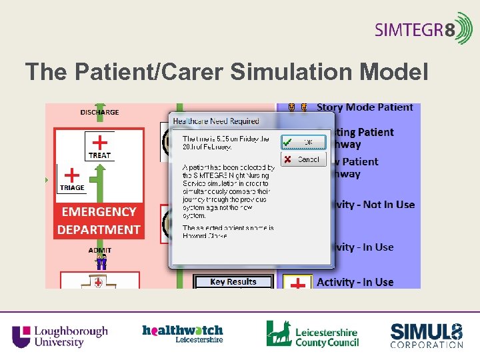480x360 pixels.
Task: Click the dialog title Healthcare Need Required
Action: click(216, 121)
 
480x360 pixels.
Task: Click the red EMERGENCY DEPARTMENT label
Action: click(99, 221)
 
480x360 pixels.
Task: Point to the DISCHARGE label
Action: click(99, 112)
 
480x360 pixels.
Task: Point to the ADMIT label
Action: click(99, 250)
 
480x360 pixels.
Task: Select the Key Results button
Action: click(233, 282)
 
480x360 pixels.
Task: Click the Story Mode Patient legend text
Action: click(364, 107)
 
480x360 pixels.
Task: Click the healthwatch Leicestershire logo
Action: click(182, 333)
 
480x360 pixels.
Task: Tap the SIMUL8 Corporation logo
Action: click(426, 335)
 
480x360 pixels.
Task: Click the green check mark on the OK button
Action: click(287, 142)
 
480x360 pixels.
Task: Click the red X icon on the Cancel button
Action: click(287, 159)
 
